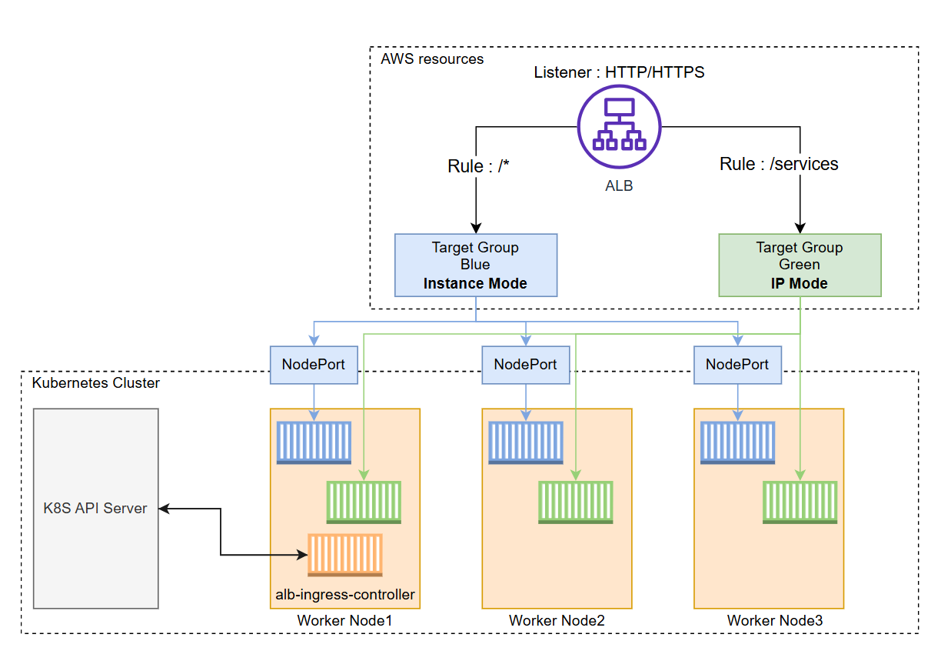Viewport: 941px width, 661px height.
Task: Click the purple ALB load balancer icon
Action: click(x=619, y=126)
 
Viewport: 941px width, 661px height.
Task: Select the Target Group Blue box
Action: click(x=475, y=265)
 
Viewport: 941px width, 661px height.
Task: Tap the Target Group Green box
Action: click(x=800, y=265)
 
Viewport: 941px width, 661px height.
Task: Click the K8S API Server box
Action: click(x=95, y=508)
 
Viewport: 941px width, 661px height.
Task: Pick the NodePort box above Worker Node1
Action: click(x=314, y=365)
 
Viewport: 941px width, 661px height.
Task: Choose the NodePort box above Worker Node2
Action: click(x=526, y=365)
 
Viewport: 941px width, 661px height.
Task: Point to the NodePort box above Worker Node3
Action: click(x=737, y=365)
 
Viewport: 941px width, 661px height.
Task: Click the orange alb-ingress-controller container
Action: click(x=345, y=554)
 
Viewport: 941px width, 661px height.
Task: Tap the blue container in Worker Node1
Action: click(x=314, y=442)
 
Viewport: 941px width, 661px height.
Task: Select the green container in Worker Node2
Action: click(x=576, y=502)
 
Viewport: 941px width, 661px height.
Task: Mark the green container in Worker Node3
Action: click(x=800, y=502)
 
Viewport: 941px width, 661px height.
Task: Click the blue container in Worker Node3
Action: click(x=737, y=442)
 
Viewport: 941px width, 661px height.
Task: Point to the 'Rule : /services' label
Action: click(x=779, y=164)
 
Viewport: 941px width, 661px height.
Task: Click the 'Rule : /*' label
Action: click(x=478, y=166)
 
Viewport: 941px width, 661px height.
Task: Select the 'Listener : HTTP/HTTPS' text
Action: click(x=620, y=73)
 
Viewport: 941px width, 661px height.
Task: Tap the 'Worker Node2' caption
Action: click(x=557, y=620)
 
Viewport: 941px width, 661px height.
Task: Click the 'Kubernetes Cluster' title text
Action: click(x=95, y=382)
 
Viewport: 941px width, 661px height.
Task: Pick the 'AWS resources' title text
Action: click(x=432, y=58)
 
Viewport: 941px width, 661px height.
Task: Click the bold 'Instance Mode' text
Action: click(x=475, y=283)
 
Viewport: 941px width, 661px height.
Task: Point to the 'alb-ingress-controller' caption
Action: click(x=345, y=595)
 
